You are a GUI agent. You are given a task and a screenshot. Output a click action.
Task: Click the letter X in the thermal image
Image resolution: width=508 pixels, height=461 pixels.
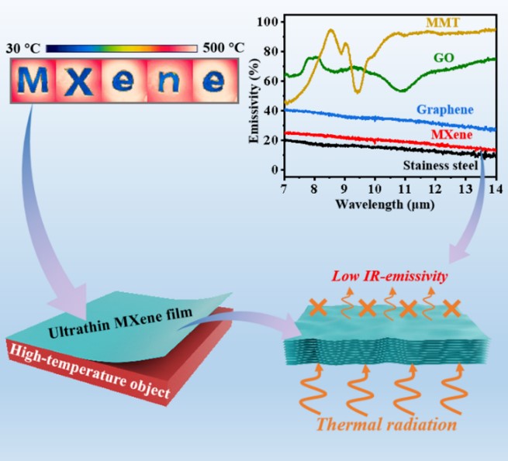77,83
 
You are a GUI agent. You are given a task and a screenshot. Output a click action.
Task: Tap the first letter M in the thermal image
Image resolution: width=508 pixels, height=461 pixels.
34,83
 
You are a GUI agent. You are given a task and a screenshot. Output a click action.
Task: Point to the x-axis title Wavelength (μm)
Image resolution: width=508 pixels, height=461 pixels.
385,205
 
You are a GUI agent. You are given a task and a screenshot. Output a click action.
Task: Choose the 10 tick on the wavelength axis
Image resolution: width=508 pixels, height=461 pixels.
375,189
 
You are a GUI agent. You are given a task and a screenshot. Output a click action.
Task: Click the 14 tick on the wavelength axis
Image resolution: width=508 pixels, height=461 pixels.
495,189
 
